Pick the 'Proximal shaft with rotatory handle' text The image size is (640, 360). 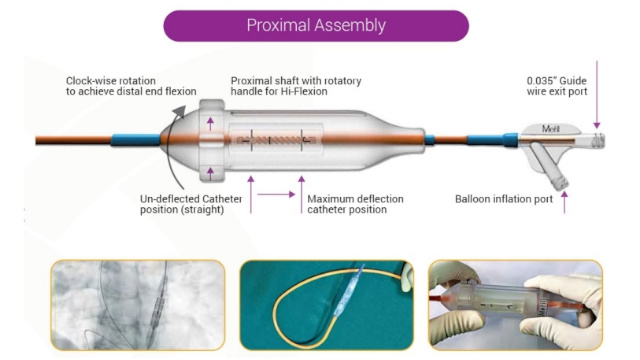[296, 85]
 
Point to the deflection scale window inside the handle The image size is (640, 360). [276, 142]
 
